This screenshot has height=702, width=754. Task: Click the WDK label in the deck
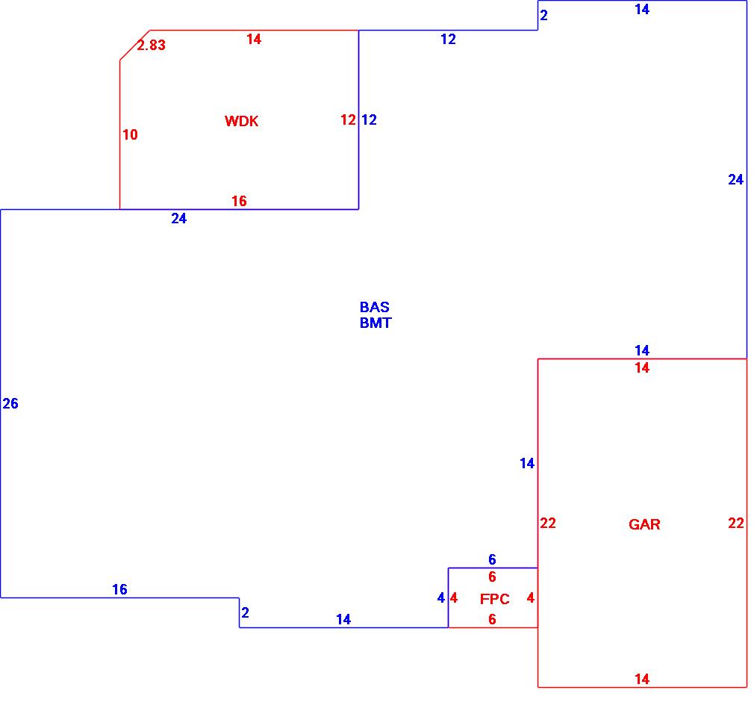click(x=241, y=121)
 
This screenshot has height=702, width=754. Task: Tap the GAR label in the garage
click(x=644, y=524)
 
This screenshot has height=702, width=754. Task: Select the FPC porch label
click(x=495, y=599)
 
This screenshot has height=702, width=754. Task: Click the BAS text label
click(x=374, y=307)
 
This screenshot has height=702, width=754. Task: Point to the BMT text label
click(x=376, y=323)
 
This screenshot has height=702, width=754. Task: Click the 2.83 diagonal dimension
click(x=151, y=45)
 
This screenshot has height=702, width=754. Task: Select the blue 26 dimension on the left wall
click(x=10, y=404)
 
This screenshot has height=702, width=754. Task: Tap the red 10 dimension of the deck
click(x=130, y=135)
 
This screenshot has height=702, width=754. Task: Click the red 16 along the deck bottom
click(x=239, y=201)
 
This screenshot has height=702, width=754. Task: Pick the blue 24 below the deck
click(x=179, y=219)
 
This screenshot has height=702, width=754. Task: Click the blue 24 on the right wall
click(x=736, y=179)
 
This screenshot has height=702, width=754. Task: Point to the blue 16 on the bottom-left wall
click(x=119, y=589)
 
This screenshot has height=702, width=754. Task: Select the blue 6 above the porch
click(x=492, y=559)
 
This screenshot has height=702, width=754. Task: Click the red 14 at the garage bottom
click(x=642, y=679)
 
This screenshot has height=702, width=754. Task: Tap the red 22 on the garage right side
click(x=736, y=524)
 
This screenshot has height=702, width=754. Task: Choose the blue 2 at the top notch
click(x=544, y=15)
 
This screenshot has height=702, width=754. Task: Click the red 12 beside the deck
click(x=348, y=119)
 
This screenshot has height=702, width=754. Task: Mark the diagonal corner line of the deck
click(x=134, y=45)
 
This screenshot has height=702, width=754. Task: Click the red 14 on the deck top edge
click(x=254, y=39)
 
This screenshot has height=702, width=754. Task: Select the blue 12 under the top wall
click(x=448, y=40)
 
